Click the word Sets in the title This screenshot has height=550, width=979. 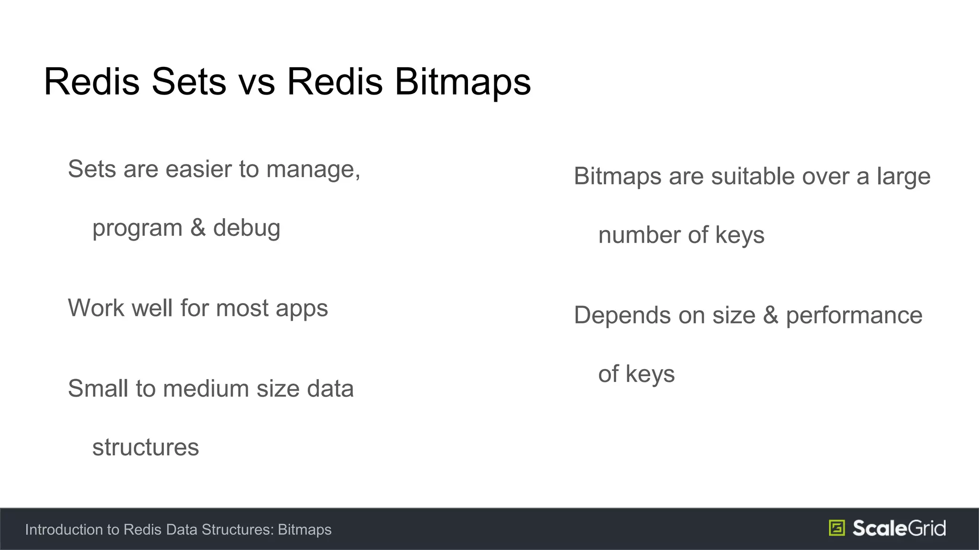pyautogui.click(x=188, y=82)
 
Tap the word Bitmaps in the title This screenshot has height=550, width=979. pyautogui.click(x=463, y=82)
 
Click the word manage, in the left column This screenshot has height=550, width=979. pyautogui.click(x=313, y=169)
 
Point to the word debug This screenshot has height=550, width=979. pyautogui.click(x=247, y=228)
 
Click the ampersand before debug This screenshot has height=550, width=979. pyautogui.click(x=198, y=228)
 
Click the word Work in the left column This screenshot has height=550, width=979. pyautogui.click(x=97, y=308)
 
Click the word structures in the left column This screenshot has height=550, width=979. pyautogui.click(x=145, y=447)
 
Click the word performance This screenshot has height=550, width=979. pyautogui.click(x=854, y=316)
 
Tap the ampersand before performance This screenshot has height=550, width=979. pyautogui.click(x=771, y=315)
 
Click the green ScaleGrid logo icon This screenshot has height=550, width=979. pyautogui.click(x=837, y=528)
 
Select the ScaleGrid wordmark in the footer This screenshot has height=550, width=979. pyautogui.click(x=899, y=528)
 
